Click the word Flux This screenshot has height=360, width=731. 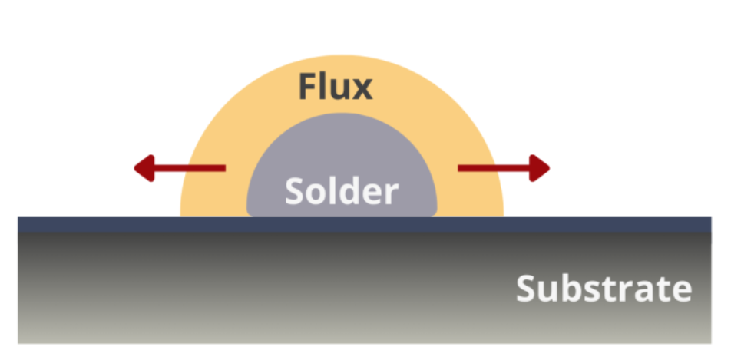336,87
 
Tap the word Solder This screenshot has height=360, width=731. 342,191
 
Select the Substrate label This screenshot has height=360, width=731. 604,289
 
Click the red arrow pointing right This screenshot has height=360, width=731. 504,167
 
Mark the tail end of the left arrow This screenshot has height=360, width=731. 224,167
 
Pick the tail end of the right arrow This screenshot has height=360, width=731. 459,167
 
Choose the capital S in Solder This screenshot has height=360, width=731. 296,191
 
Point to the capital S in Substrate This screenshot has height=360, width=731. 528,289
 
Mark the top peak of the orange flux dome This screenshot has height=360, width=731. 342,56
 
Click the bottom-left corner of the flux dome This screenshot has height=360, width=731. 182,215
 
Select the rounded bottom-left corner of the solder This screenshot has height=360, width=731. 250,211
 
